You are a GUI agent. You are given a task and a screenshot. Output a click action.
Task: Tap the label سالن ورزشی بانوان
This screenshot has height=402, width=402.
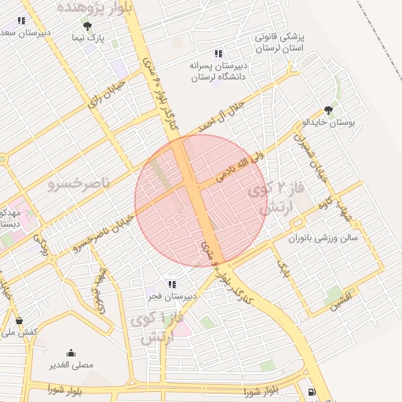point(322,236)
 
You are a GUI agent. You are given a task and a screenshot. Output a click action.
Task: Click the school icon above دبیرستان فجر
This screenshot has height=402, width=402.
point(171,283)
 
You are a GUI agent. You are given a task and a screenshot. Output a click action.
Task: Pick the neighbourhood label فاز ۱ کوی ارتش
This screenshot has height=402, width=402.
point(161,328)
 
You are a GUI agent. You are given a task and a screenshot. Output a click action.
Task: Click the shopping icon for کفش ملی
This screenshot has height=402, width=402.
point(19,320)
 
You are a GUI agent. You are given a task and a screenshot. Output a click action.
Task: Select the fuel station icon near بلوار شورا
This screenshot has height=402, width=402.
point(312,391)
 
